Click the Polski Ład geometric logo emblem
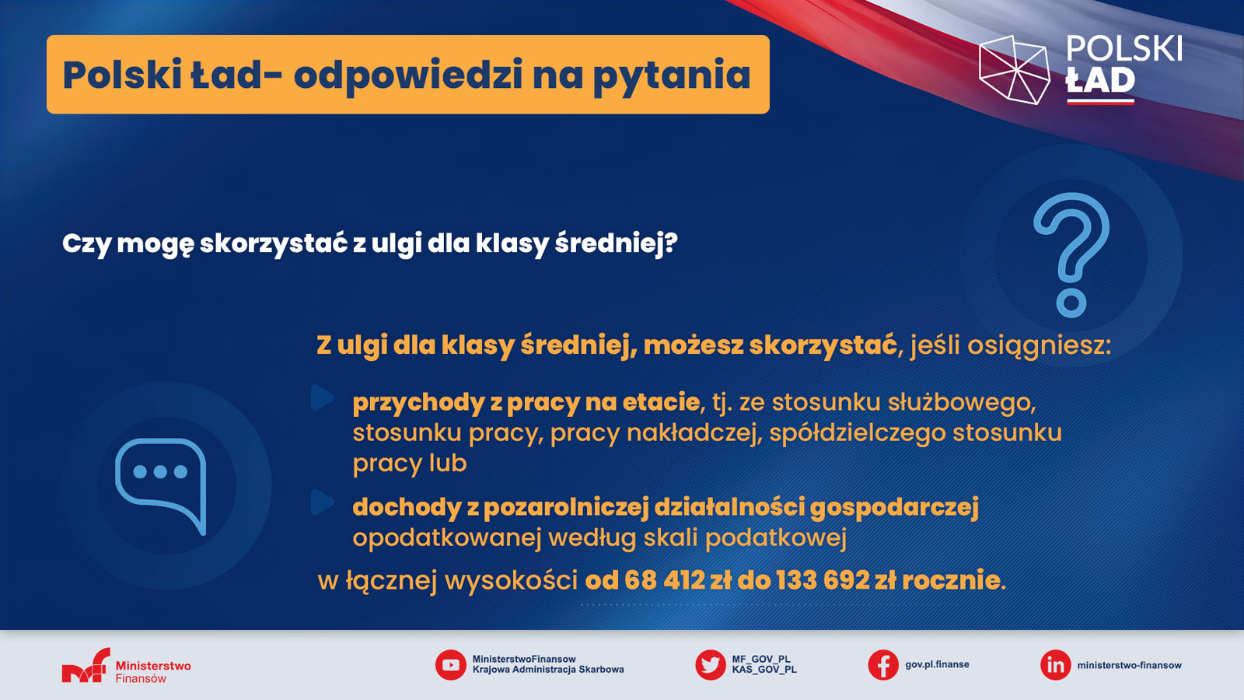point(1014,70)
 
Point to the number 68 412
point(665,580)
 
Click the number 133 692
point(823,580)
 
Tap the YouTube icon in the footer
point(450,665)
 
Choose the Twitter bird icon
point(711,665)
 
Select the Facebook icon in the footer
point(883,665)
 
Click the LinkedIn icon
point(1055,665)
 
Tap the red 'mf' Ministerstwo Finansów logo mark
point(86,666)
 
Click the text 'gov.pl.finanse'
point(937,664)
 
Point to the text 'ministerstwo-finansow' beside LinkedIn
point(1129,665)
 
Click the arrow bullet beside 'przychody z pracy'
point(322,397)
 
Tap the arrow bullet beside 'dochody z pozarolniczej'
point(322,502)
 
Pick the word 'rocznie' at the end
point(951,580)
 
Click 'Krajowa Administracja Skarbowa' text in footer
point(548,670)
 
